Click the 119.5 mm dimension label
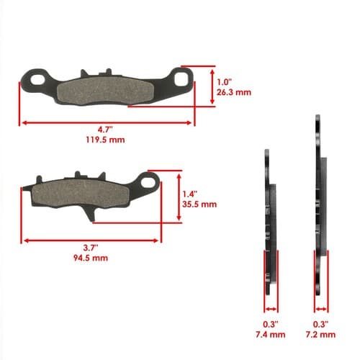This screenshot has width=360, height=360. [105, 140]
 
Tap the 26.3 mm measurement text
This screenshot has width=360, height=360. [234, 92]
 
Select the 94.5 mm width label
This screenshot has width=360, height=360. [91, 258]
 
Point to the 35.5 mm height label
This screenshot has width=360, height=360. [199, 204]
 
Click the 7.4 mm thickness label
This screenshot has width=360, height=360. [271, 335]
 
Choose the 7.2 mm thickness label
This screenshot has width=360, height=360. [320, 335]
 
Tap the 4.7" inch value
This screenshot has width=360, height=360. [105, 130]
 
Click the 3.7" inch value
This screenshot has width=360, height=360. [91, 248]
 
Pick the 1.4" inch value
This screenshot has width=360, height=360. [190, 194]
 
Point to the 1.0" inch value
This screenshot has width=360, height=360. [224, 82]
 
